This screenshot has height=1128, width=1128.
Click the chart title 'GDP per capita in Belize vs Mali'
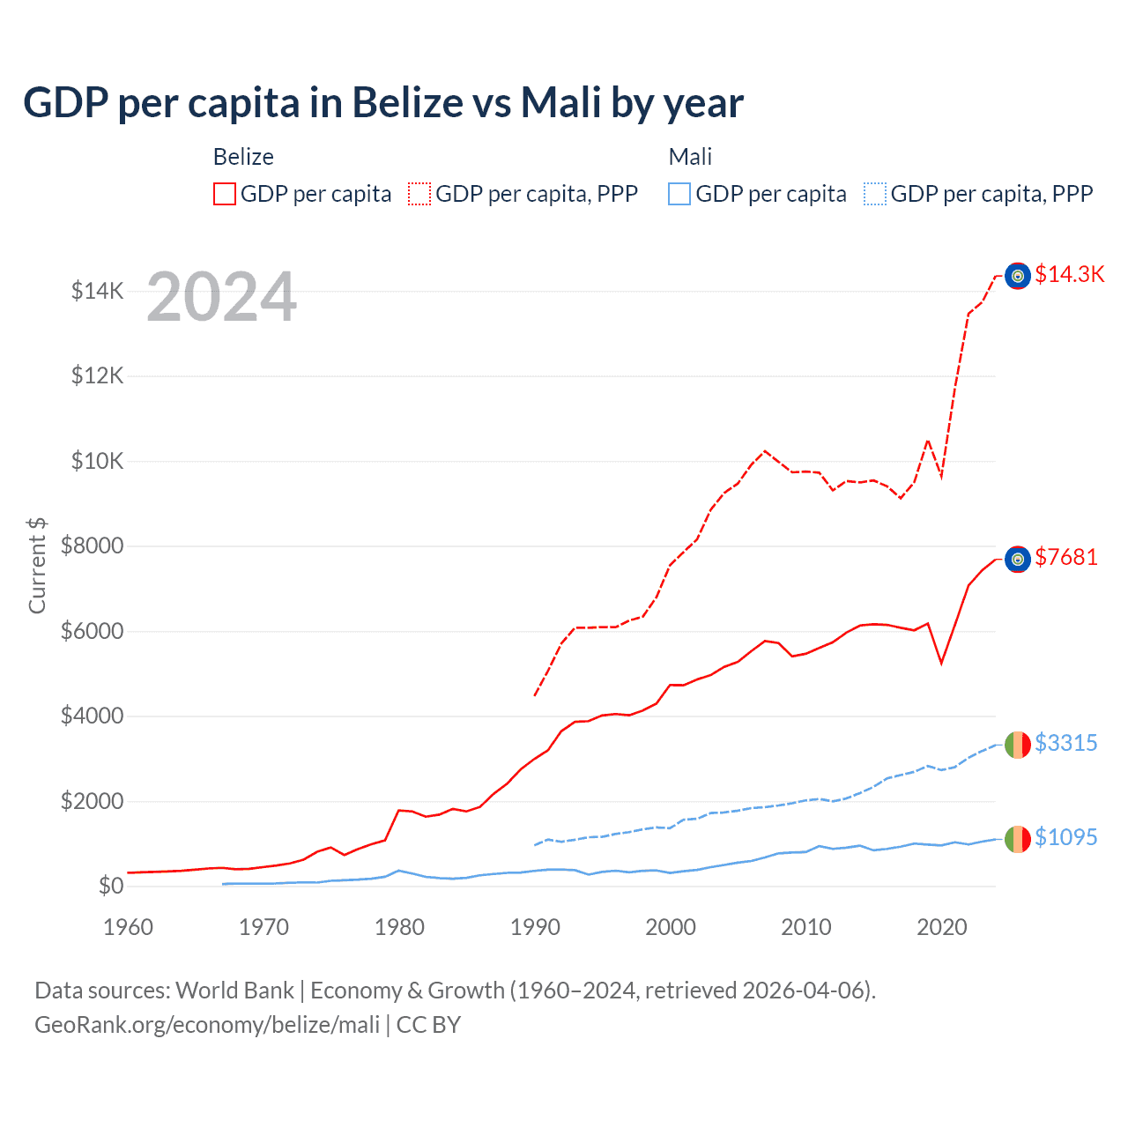[x=382, y=103]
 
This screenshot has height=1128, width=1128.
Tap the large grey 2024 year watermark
[x=221, y=298]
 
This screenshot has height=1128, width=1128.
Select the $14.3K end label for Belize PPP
[x=1069, y=274]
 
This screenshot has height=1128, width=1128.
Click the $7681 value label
[x=1065, y=557]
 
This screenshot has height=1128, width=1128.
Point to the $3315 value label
[x=1065, y=743]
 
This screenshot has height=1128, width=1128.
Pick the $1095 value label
[x=1065, y=837]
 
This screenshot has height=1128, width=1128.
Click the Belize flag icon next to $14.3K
[x=1018, y=276]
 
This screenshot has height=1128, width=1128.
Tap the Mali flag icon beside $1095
[x=1018, y=839]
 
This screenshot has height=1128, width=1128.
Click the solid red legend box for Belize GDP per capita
[x=225, y=194]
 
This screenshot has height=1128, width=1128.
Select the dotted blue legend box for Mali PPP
[x=875, y=194]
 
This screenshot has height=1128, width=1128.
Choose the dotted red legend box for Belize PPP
[x=419, y=194]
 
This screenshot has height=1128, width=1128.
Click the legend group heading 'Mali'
[x=690, y=157]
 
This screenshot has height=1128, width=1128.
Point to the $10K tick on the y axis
[x=97, y=461]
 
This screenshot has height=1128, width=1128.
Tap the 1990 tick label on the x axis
[x=535, y=927]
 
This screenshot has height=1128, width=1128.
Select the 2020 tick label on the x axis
[x=941, y=927]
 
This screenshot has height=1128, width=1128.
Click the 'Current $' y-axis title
[x=37, y=566]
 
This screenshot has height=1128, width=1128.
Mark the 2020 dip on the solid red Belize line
[x=941, y=663]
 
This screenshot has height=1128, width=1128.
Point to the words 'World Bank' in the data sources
[x=234, y=991]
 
